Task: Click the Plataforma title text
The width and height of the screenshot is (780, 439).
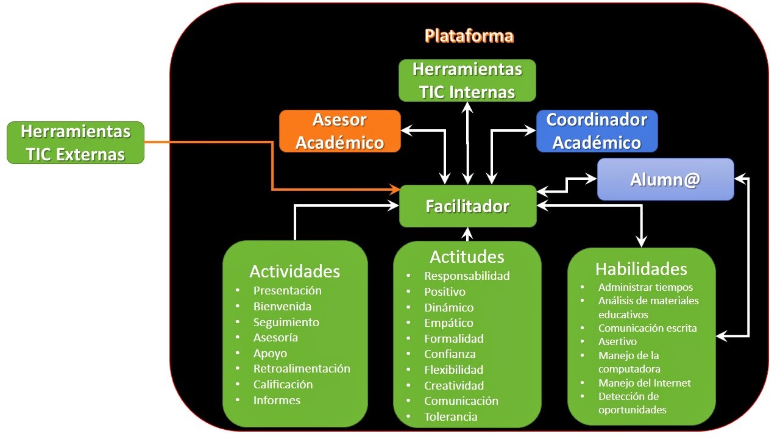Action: (x=469, y=36)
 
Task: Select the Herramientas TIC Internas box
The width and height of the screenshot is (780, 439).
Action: (x=467, y=80)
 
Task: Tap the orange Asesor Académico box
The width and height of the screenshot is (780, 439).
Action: (x=339, y=130)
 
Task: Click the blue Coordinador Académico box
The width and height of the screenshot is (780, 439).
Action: (x=597, y=130)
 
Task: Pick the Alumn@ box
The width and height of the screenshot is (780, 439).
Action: (x=665, y=179)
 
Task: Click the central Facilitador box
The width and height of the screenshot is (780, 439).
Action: (x=467, y=206)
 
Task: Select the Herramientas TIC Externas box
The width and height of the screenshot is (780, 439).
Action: (x=76, y=143)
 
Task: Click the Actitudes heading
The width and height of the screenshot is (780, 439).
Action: (x=467, y=256)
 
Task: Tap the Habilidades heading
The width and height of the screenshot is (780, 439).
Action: (x=641, y=269)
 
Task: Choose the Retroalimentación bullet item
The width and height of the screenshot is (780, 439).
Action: (x=302, y=368)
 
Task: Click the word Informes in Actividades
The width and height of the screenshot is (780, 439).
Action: (x=277, y=400)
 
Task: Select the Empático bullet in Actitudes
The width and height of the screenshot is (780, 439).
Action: (x=448, y=323)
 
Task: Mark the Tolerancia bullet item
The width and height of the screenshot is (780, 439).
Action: (x=450, y=416)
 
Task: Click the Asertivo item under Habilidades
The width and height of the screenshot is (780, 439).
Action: (x=617, y=341)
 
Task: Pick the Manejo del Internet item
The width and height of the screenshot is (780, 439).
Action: (x=644, y=383)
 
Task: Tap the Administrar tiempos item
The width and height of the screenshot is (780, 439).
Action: (x=645, y=287)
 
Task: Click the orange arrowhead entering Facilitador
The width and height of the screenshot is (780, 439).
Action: (x=395, y=190)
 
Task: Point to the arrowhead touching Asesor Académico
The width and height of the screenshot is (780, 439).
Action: (x=406, y=130)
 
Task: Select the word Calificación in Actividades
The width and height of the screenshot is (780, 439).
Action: (x=283, y=384)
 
